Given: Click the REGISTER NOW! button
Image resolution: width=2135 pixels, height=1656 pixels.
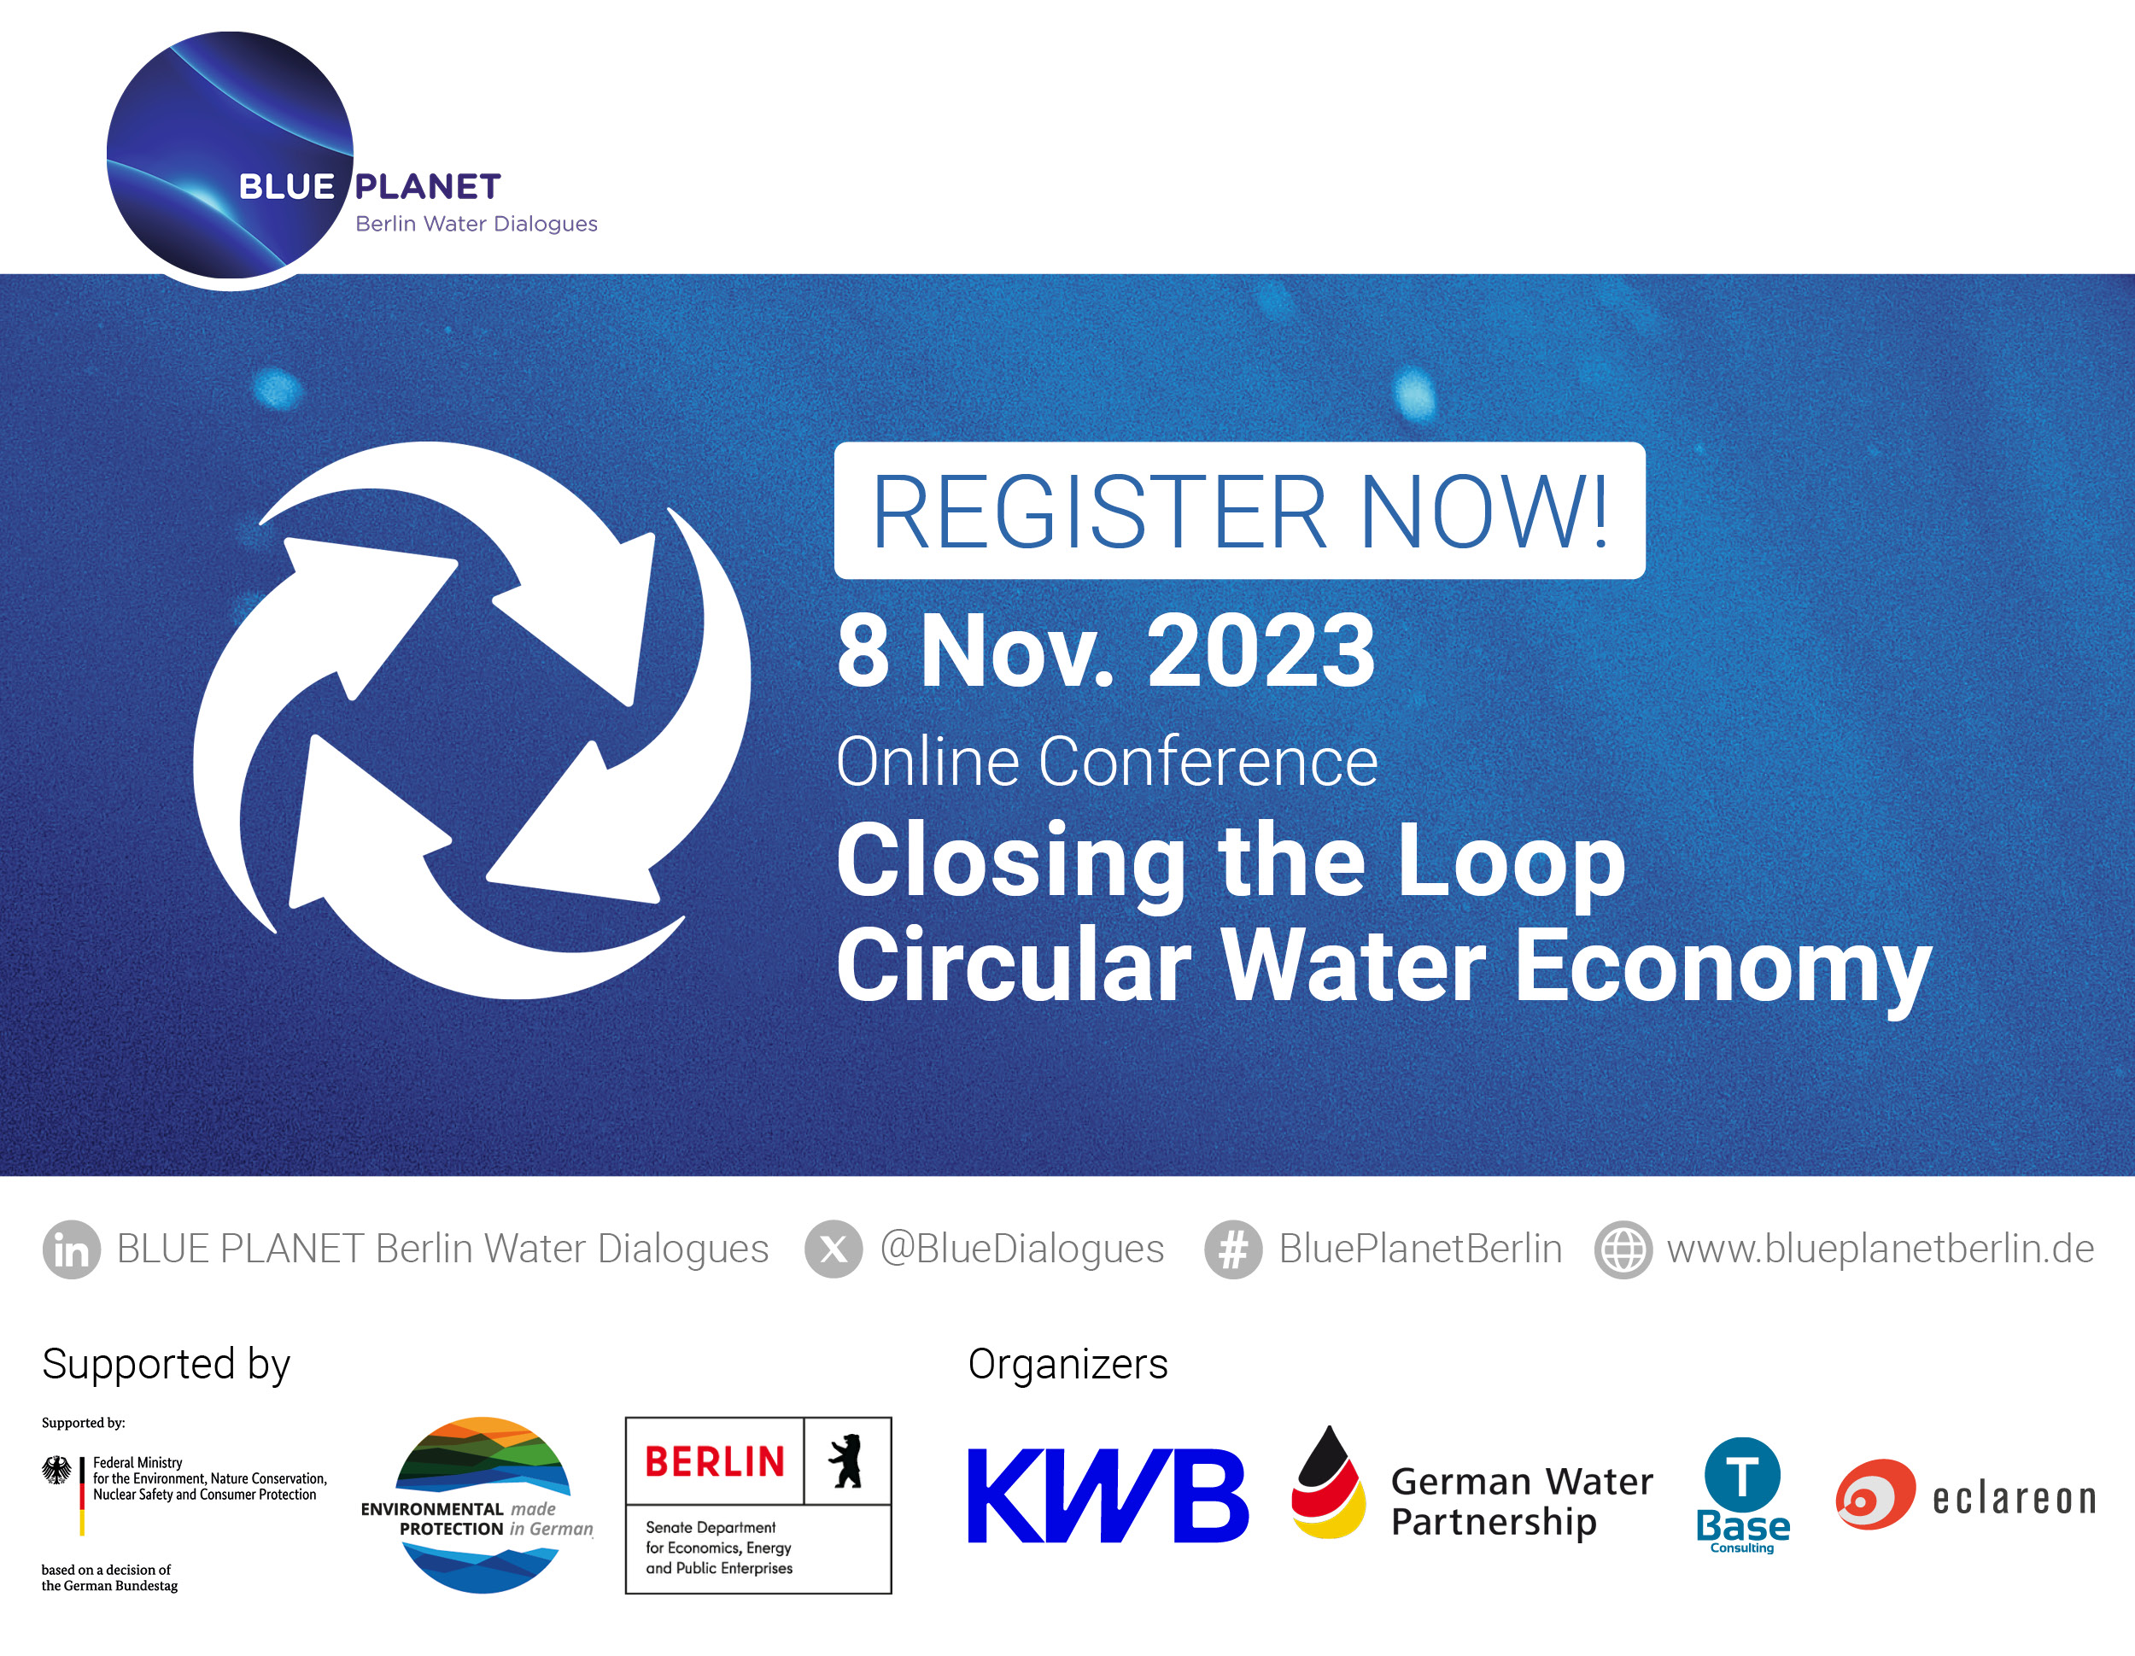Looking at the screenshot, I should tap(1238, 510).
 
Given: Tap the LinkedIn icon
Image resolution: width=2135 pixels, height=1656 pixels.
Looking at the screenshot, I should tap(72, 1249).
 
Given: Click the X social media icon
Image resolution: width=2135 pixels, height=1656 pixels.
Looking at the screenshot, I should tap(833, 1249).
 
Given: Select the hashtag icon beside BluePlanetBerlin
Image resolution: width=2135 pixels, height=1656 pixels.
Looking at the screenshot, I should tap(1232, 1249).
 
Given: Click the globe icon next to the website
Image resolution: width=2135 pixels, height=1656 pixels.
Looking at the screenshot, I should tap(1623, 1249).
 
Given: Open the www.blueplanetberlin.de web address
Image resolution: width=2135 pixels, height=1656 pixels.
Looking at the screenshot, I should tap(1880, 1249).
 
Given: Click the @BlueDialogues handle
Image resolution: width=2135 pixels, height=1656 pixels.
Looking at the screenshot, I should tap(1021, 1249).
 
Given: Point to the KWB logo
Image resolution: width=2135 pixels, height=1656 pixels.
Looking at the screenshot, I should tap(1107, 1495).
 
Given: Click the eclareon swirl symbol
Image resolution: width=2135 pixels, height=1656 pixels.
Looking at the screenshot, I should tap(1874, 1495).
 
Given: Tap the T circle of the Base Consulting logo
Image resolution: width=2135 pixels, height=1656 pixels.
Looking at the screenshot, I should tap(1742, 1474).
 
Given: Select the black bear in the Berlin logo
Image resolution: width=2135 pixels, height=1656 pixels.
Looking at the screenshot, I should tap(846, 1461).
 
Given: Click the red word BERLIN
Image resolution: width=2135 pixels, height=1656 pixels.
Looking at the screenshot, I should tap(715, 1461).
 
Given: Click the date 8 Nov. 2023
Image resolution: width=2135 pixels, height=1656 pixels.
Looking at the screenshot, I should tap(1106, 651).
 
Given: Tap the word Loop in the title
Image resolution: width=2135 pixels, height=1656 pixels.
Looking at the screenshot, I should tap(1512, 860).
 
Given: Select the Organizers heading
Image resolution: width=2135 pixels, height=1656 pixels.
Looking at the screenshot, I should tap(1067, 1364).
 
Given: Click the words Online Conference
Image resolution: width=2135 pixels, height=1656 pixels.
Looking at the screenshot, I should tap(1107, 762).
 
